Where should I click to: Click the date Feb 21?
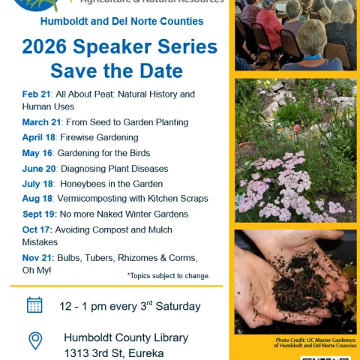36,94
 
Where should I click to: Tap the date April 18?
38,138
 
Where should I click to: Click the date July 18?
37,184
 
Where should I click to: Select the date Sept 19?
39,214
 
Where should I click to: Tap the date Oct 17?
36,229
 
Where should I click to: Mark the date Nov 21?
37,258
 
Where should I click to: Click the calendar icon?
34,305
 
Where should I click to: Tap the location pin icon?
35,341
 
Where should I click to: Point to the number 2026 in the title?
46,47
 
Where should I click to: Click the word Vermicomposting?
93,199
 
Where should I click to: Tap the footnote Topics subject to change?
169,276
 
